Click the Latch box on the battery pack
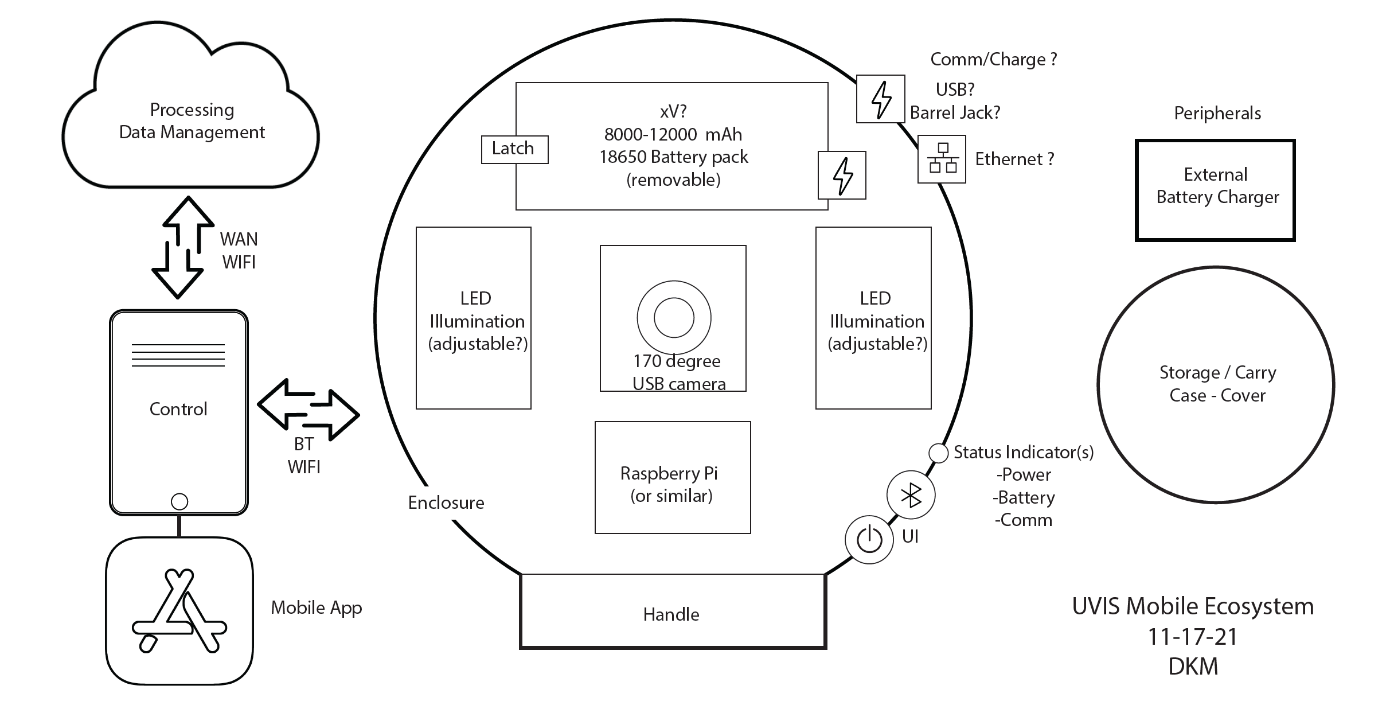(x=514, y=149)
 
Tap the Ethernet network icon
(x=942, y=159)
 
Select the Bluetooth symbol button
(x=911, y=495)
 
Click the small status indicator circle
(x=938, y=453)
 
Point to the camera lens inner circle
(x=674, y=318)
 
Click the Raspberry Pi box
(x=673, y=477)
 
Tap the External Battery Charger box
(x=1215, y=190)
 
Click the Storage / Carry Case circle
(x=1216, y=384)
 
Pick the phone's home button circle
(x=179, y=502)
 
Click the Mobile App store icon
(x=179, y=611)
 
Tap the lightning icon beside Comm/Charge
(x=880, y=99)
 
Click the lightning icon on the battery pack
(x=842, y=176)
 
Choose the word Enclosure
(x=446, y=503)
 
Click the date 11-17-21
(x=1193, y=637)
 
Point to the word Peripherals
(x=1217, y=114)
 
